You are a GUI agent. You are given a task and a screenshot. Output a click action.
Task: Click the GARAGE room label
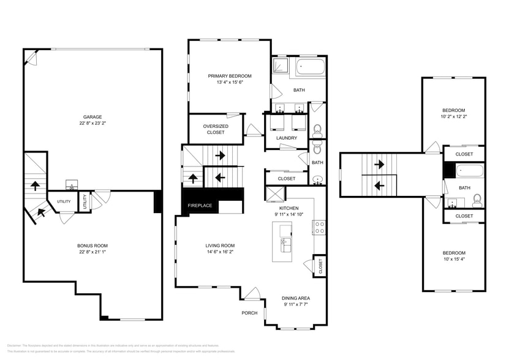point(92,116)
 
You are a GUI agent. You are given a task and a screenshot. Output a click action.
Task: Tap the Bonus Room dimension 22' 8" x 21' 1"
point(92,252)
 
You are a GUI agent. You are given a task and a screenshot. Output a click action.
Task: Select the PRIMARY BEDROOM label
point(230,76)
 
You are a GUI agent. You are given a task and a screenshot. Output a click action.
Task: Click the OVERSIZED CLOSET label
point(216,129)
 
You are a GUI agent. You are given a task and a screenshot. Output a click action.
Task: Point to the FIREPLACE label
point(200,205)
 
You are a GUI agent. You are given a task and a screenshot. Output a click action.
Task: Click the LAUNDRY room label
point(287,138)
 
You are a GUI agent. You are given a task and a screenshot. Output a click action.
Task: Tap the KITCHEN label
point(288,208)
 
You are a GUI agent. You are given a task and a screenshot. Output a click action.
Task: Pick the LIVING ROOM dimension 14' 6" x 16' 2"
point(220,252)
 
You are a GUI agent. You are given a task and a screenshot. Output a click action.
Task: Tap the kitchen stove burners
point(320,228)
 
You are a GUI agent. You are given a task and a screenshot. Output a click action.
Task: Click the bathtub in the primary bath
point(311,67)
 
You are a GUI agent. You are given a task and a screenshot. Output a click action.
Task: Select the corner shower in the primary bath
point(281,66)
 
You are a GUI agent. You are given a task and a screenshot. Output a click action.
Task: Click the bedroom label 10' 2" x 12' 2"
point(454,116)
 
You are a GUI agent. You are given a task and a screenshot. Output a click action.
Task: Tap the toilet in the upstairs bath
point(477,200)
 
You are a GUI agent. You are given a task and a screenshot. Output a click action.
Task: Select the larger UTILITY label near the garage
point(64,201)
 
